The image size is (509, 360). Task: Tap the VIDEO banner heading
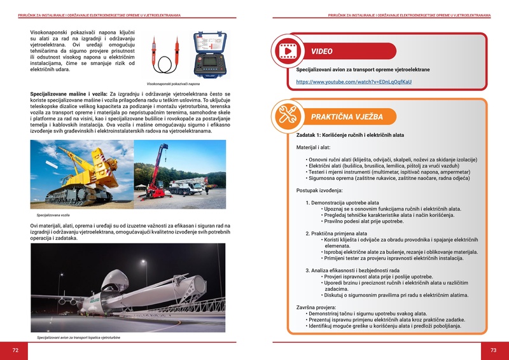pyautogui.click(x=326, y=52)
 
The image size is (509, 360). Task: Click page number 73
pyautogui.click(x=493, y=350)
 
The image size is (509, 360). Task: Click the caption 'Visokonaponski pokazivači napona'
pyautogui.click(x=173, y=84)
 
